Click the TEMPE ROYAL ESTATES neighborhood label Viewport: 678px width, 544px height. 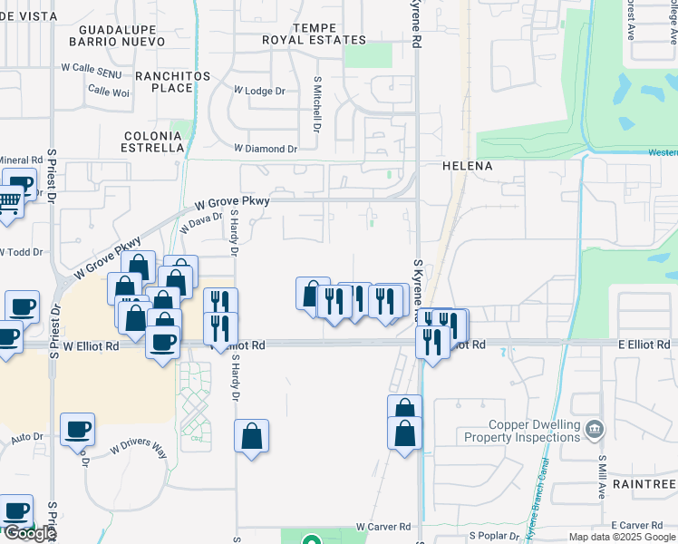pyautogui.click(x=315, y=34)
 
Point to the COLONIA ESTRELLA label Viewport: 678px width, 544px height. pyautogui.click(x=153, y=141)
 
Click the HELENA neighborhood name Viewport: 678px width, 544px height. pyautogui.click(x=467, y=167)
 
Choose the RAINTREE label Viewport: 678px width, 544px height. pyautogui.click(x=645, y=485)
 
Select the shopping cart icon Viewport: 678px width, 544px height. pyautogui.click(x=8, y=202)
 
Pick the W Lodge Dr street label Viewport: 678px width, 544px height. pyautogui.click(x=259, y=91)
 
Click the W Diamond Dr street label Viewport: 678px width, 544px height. pyautogui.click(x=265, y=148)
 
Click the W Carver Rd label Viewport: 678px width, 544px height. pyautogui.click(x=383, y=526)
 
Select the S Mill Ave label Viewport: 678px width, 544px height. pyautogui.click(x=602, y=477)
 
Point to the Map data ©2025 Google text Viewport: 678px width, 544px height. pyautogui.click(x=621, y=537)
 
